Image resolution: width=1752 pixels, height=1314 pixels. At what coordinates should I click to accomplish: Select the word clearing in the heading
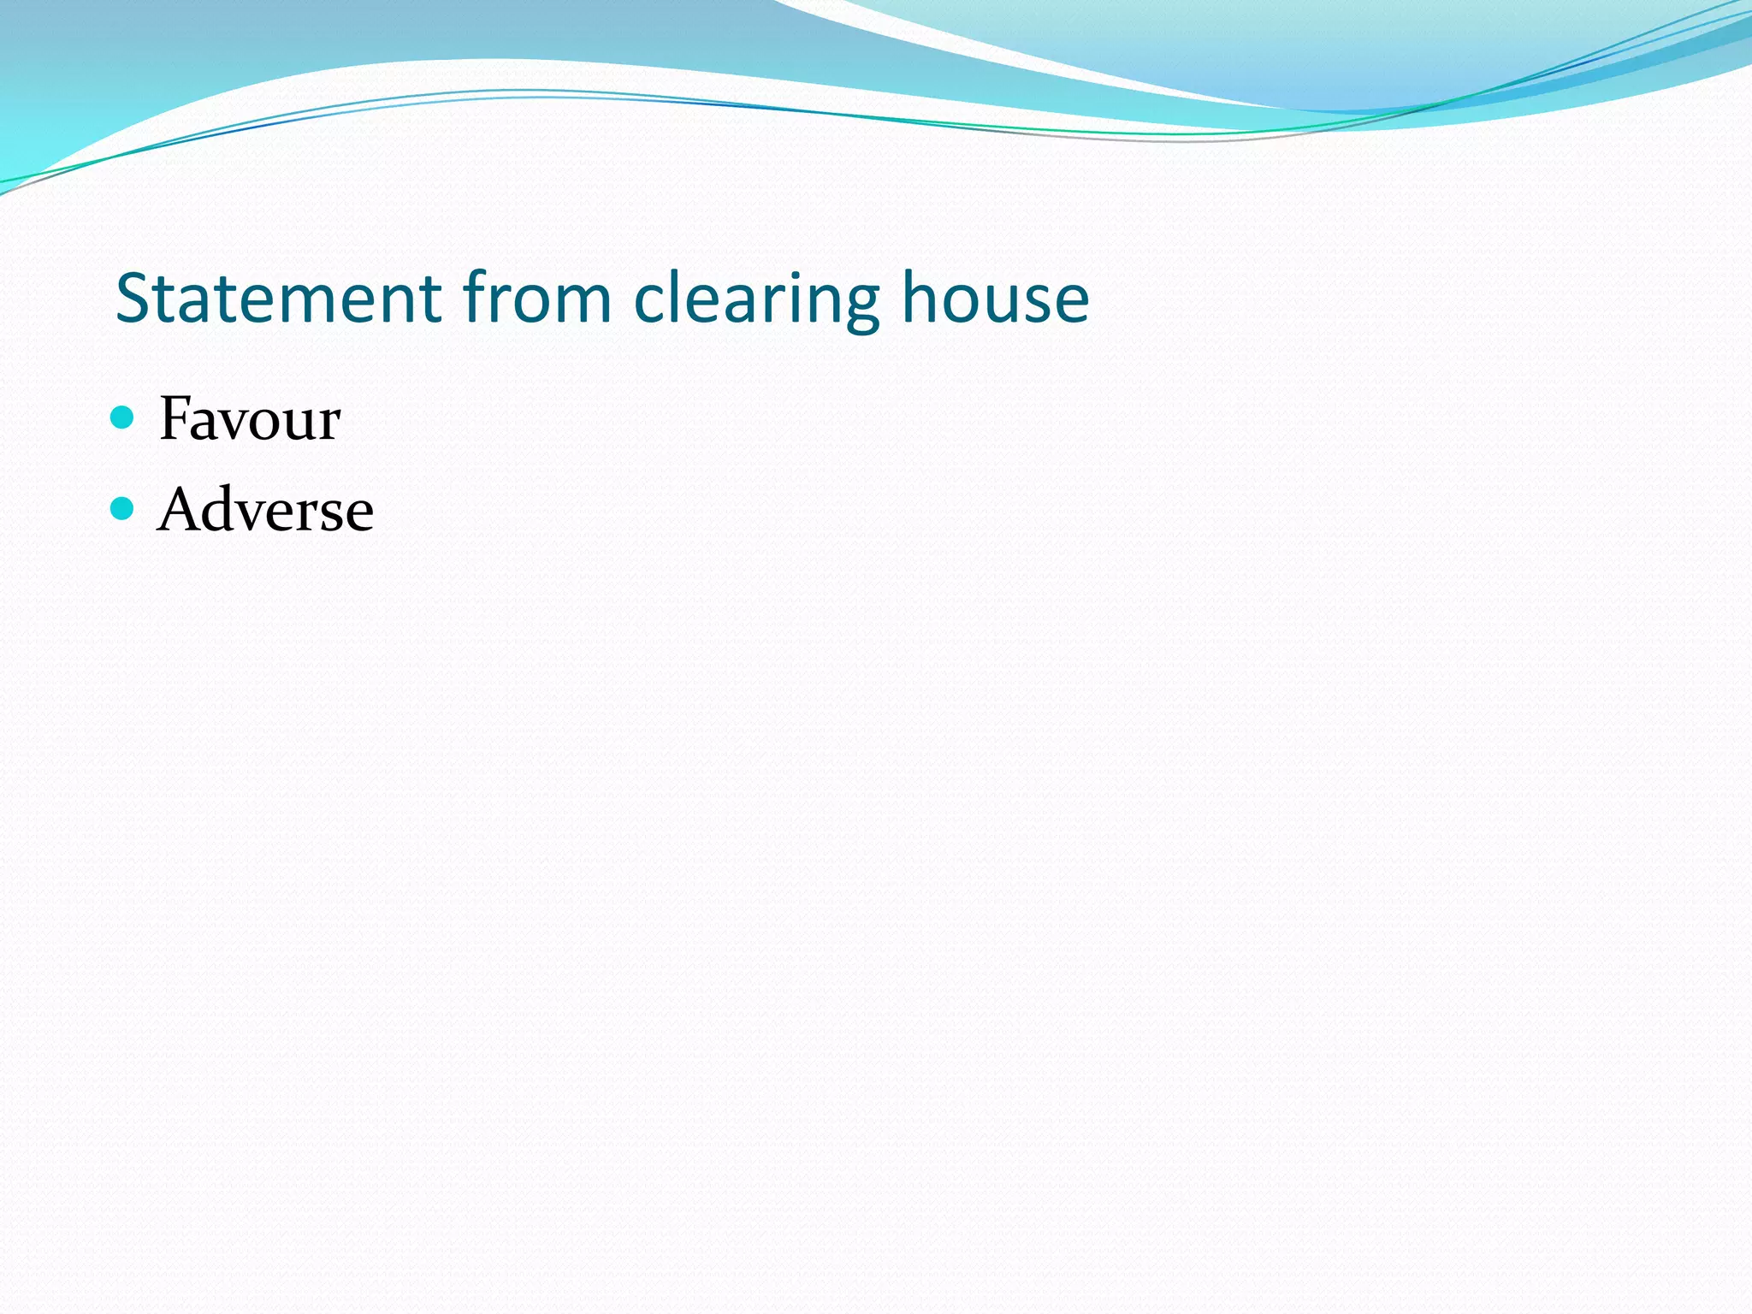coord(756,299)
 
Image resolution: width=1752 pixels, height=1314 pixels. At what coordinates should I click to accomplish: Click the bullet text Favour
coord(250,419)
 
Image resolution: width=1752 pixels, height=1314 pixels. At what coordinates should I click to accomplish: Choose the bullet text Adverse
coord(265,510)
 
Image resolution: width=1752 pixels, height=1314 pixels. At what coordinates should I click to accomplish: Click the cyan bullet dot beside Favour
coord(123,417)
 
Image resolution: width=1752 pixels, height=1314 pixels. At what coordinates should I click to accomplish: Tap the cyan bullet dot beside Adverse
coord(123,509)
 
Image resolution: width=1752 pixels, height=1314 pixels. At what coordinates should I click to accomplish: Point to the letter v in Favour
coord(237,424)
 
